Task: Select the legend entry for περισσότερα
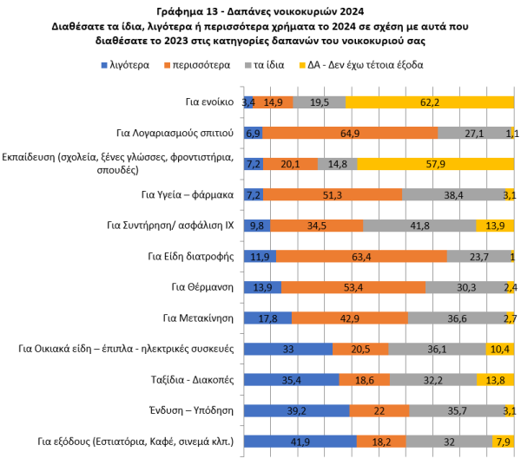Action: coord(200,65)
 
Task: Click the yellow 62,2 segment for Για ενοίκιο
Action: coord(429,102)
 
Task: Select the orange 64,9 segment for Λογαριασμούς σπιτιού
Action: coord(350,133)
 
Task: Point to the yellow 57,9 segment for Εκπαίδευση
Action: coord(435,163)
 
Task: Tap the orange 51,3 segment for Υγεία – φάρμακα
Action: coord(333,194)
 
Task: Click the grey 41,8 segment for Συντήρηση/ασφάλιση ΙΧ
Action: coord(419,226)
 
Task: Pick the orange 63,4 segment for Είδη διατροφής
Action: coord(361,256)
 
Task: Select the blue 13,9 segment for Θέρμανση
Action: coord(262,287)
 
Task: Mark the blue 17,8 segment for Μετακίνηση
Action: coord(267,318)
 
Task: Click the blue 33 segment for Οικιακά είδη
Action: coord(288,349)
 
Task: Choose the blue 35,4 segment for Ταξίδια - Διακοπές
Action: coord(291,380)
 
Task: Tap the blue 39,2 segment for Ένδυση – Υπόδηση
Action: coord(296,410)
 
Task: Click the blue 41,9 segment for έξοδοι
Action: coord(300,442)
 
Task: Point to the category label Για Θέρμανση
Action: coord(202,287)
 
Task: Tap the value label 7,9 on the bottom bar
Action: coord(503,442)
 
